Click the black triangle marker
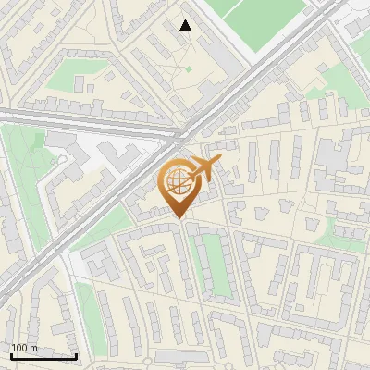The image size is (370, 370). [185, 25]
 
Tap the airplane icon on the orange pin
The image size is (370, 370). [205, 169]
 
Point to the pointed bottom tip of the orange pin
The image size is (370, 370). [178, 218]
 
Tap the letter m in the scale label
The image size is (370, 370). [34, 348]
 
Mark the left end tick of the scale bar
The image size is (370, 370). [11, 355]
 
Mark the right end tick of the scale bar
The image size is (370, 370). [76, 355]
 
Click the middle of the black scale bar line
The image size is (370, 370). [43, 357]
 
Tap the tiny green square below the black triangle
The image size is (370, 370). [189, 68]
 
